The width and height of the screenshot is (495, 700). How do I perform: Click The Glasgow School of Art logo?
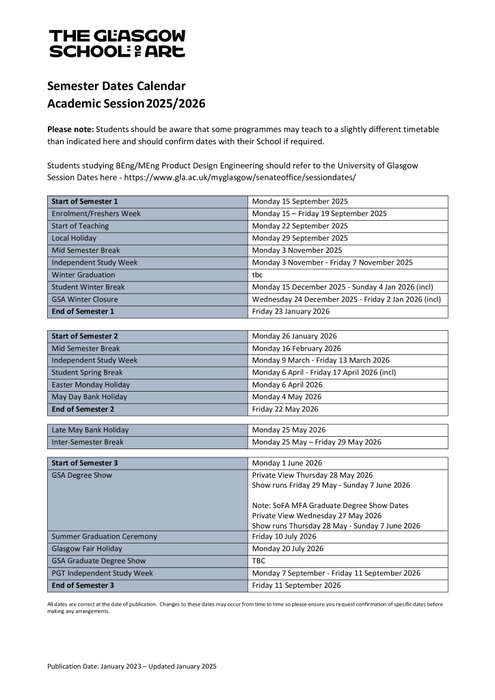[x=117, y=43]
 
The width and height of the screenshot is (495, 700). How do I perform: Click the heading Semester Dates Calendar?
[x=116, y=86]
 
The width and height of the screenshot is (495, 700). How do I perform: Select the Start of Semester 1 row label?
[x=85, y=202]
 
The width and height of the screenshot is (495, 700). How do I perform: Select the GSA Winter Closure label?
[x=85, y=299]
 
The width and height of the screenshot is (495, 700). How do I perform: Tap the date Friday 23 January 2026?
[x=291, y=312]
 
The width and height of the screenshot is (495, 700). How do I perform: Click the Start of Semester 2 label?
[x=85, y=336]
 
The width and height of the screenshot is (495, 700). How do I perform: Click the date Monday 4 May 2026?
[x=286, y=397]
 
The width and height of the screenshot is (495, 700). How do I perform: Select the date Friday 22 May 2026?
[x=285, y=409]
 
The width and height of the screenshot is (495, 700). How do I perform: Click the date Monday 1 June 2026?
[x=286, y=463]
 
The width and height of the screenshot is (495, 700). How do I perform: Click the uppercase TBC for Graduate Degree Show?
[x=258, y=561]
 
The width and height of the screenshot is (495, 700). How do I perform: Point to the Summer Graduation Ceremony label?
[x=104, y=537]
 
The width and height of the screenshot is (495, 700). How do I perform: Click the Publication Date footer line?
[x=132, y=666]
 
